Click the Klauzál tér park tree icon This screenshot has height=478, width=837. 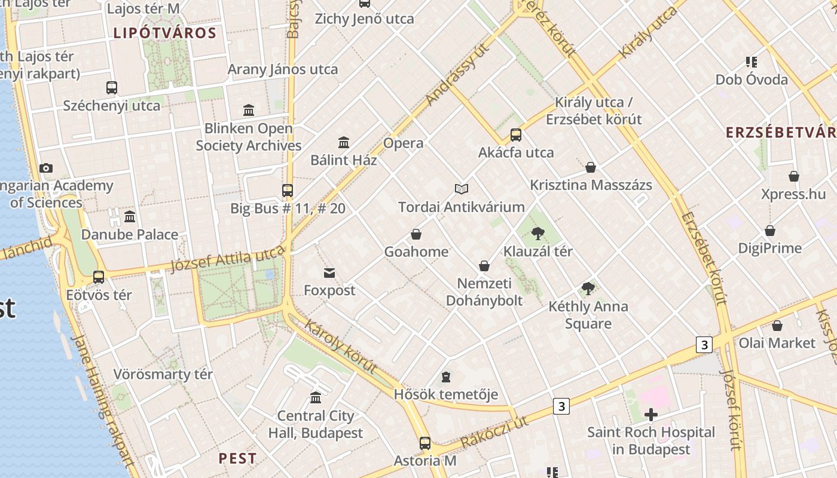tap(538, 233)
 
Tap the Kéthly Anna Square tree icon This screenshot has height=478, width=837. tap(588, 289)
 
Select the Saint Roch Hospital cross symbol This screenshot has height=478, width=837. tap(651, 414)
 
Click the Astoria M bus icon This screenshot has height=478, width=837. tap(424, 443)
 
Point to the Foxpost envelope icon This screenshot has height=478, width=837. tap(329, 273)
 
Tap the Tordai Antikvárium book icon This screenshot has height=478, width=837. tap(461, 189)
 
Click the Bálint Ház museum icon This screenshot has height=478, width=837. tap(344, 143)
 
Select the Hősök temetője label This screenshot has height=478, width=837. tap(445, 394)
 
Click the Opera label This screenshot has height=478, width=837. tap(403, 143)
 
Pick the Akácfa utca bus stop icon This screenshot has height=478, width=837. tap(516, 135)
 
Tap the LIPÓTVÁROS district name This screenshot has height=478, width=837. tap(164, 33)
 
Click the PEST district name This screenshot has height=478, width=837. tap(237, 458)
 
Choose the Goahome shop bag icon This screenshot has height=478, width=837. tap(416, 234)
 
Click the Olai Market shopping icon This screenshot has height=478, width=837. tap(777, 326)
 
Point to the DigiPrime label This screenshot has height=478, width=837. tap(769, 247)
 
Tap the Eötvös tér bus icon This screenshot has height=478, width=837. tap(99, 277)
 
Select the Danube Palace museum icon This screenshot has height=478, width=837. tap(130, 216)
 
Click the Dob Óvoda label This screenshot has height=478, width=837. tap(752, 79)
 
